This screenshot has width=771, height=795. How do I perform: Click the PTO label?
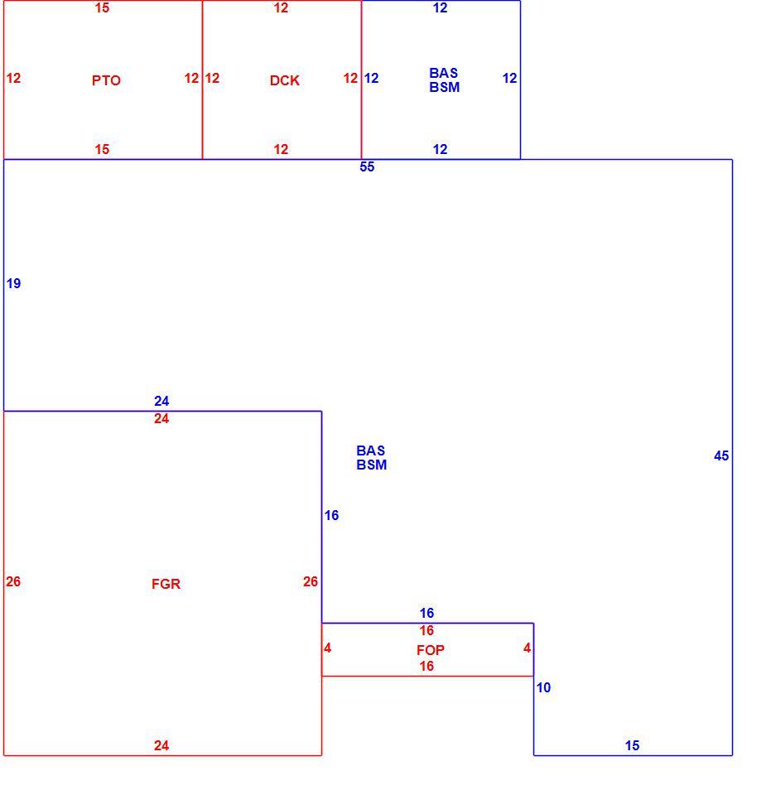pyautogui.click(x=106, y=80)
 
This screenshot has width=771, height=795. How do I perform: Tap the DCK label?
pyautogui.click(x=284, y=80)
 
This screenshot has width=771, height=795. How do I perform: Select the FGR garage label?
pyautogui.click(x=166, y=584)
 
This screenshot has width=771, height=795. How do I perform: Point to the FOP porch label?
pyautogui.click(x=431, y=649)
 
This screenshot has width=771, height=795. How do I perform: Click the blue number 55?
pyautogui.click(x=367, y=166)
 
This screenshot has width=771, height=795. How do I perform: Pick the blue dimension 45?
pyautogui.click(x=721, y=455)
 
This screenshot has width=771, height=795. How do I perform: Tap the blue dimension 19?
pyautogui.click(x=14, y=283)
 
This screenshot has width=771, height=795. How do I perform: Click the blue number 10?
pyautogui.click(x=543, y=687)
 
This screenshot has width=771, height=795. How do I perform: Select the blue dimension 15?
pyautogui.click(x=632, y=744)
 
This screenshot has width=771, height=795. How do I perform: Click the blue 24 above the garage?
pyautogui.click(x=161, y=401)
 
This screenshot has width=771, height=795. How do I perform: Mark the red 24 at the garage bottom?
pyautogui.click(x=161, y=744)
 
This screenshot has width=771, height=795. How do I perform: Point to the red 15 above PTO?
pyautogui.click(x=102, y=7)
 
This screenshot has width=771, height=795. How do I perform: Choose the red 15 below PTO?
pyautogui.click(x=102, y=149)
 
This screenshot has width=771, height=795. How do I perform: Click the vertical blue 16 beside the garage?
pyautogui.click(x=331, y=515)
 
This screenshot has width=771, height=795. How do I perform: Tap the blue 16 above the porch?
pyautogui.click(x=426, y=613)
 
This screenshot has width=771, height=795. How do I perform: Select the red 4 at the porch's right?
pyautogui.click(x=528, y=648)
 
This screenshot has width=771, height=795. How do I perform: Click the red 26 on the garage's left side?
pyautogui.click(x=13, y=581)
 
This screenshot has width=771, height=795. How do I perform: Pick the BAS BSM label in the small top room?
pyautogui.click(x=444, y=79)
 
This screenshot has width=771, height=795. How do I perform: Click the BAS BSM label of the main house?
pyautogui.click(x=371, y=457)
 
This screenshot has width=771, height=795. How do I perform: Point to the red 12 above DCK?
pyautogui.click(x=281, y=7)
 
